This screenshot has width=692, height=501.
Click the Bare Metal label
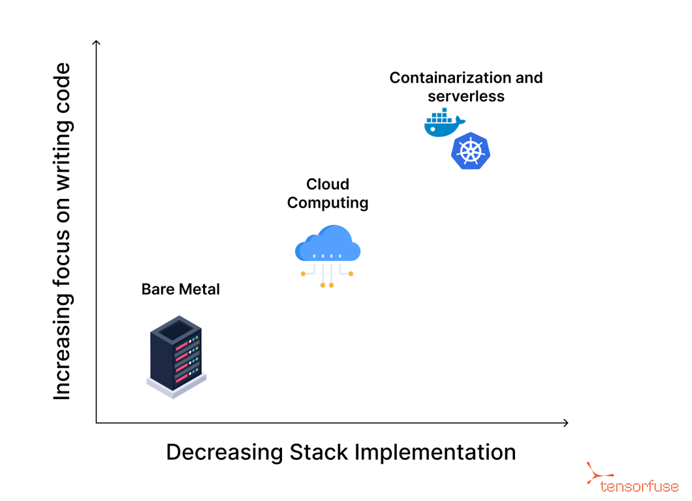pos(180,289)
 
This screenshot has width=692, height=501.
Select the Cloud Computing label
pos(328,193)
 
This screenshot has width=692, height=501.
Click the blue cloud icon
pos(328,245)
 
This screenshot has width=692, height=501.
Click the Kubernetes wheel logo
pos(471,151)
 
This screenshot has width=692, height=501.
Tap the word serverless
pos(466,96)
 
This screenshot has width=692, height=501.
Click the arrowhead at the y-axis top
pos(97,43)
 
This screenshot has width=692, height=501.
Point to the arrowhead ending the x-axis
pos(565,423)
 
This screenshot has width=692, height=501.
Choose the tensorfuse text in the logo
pos(639,487)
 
